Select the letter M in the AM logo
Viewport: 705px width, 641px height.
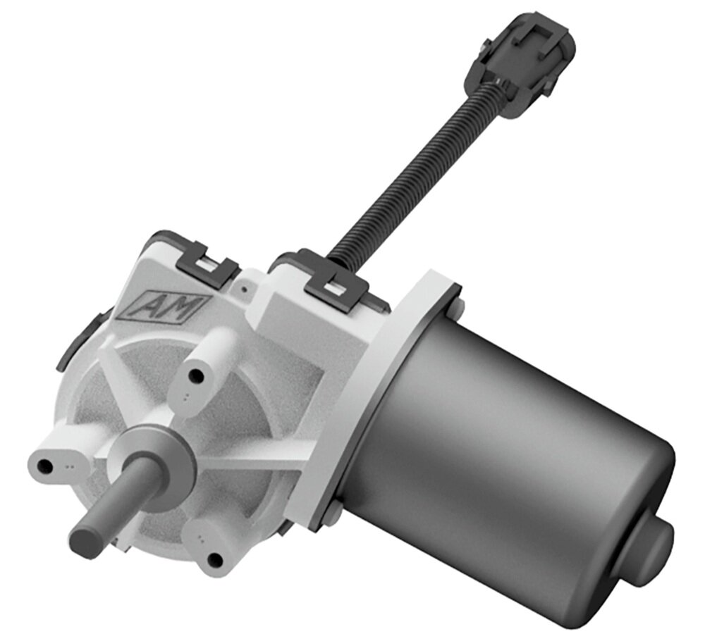[x=180, y=307]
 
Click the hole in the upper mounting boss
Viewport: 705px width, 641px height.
[x=197, y=378]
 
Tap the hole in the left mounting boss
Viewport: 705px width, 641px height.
[x=45, y=466]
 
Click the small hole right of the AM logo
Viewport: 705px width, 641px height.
[x=243, y=288]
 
